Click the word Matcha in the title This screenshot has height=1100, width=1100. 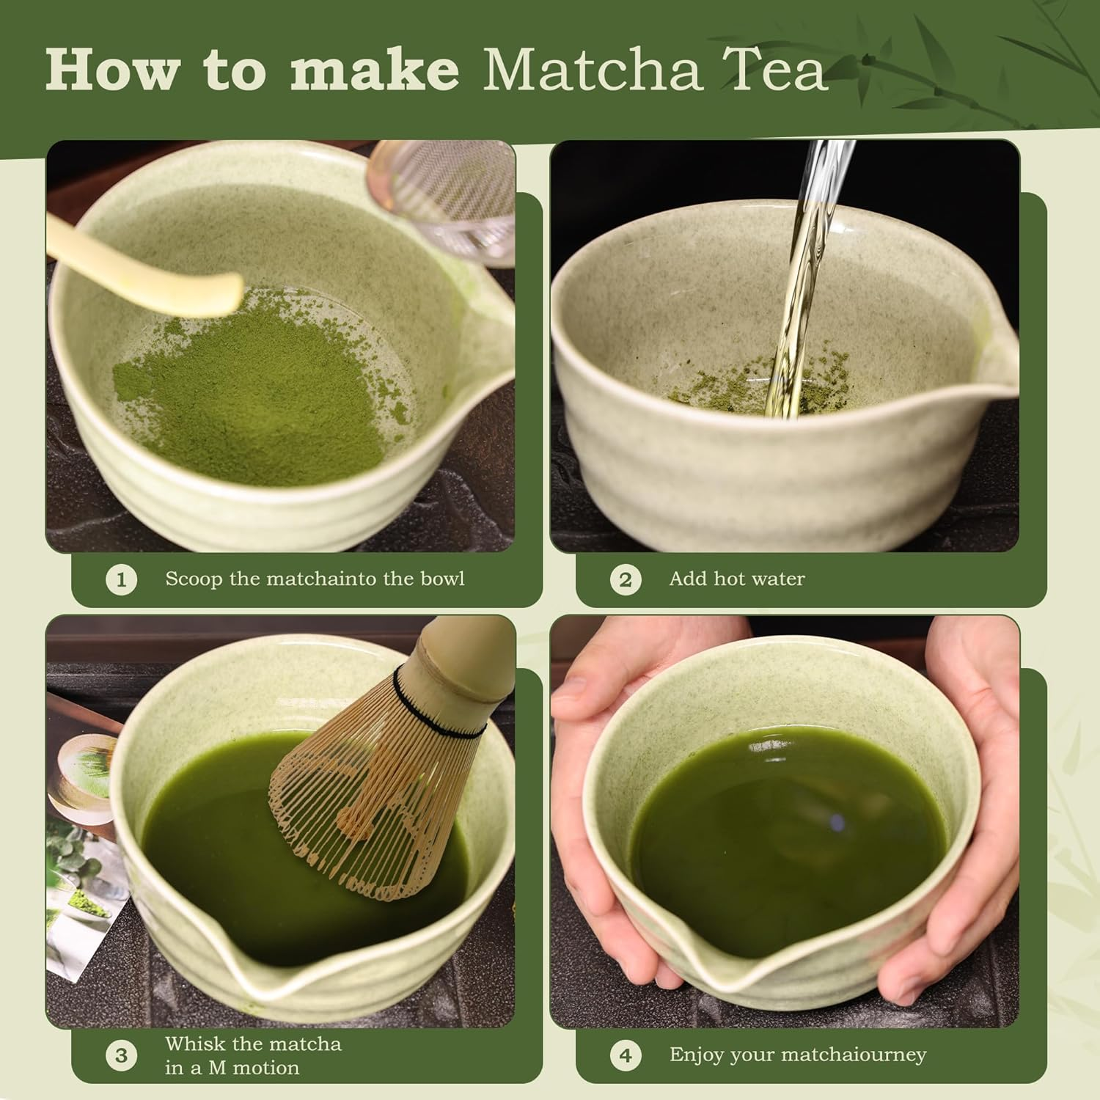point(590,70)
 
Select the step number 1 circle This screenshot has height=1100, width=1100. point(121,580)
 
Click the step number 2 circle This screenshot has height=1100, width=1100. point(625,580)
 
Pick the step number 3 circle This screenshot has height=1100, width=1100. point(121,1055)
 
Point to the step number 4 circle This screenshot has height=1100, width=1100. point(625,1055)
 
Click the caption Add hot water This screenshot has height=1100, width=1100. point(736,579)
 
